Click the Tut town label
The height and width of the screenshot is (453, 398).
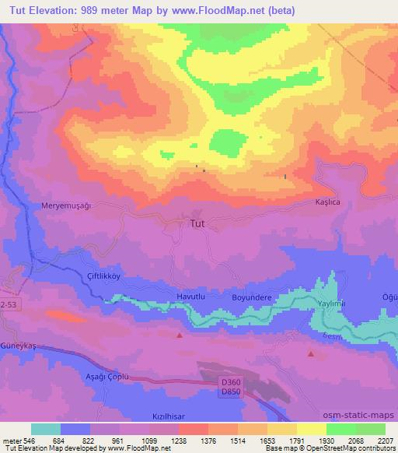pos(198,223)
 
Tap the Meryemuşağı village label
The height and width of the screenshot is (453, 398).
pos(66,205)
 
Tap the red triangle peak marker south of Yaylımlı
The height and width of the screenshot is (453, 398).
pos(311,354)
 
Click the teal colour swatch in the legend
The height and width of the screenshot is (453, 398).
pos(45,429)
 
